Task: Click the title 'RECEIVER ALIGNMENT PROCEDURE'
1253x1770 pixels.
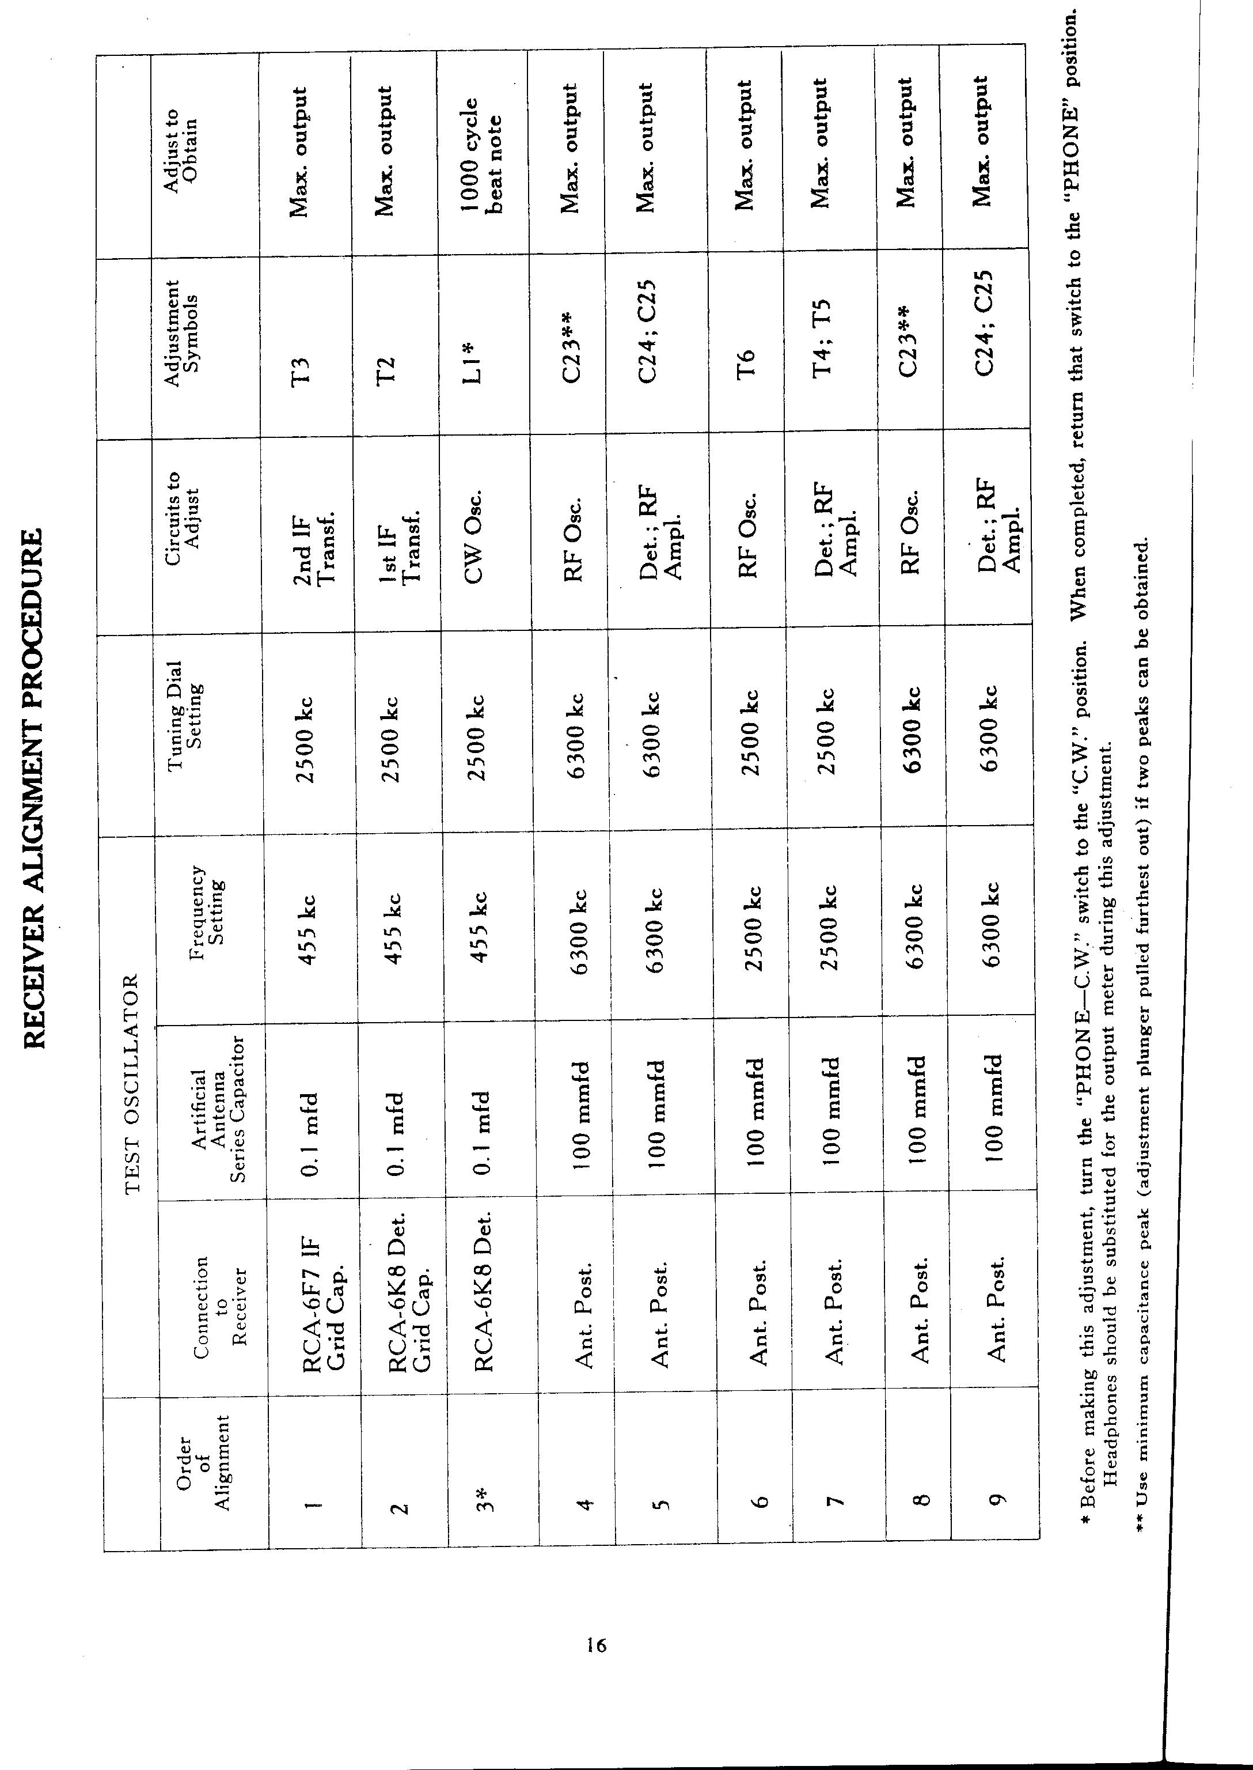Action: tap(34, 788)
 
